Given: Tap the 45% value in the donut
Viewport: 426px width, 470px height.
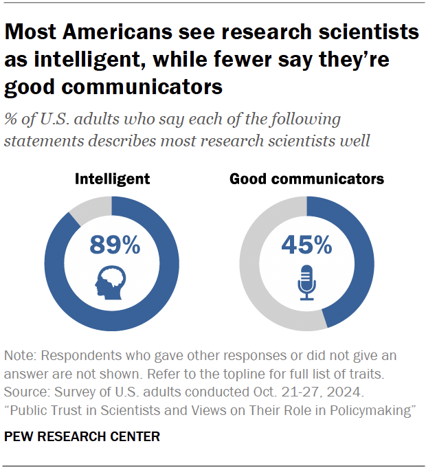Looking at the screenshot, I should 306,244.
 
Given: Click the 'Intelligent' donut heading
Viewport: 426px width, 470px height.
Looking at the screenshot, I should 112,179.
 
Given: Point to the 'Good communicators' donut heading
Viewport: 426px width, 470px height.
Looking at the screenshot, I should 306,179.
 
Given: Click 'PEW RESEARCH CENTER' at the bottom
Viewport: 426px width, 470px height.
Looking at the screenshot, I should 82,436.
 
